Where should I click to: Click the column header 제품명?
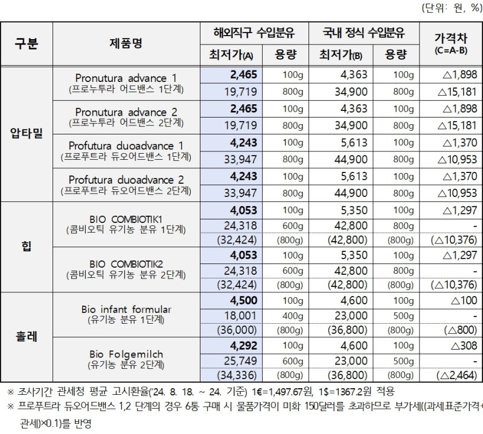pos(127,43)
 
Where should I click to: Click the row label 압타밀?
pos(27,133)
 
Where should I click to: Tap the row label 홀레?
pos(27,336)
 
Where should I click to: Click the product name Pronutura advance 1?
pos(127,78)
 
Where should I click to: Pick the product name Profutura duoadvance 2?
pos(127,180)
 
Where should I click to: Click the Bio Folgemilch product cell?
pos(127,353)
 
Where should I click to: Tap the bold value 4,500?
pos(244,300)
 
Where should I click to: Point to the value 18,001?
pos(241,315)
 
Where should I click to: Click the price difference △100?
pos(463,300)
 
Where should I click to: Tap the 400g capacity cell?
pos(292,315)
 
